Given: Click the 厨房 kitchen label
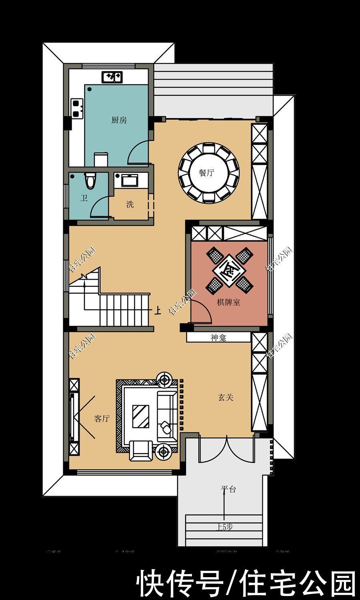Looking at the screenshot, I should pyautogui.click(x=119, y=120).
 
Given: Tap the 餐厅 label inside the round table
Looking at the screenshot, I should pyautogui.click(x=206, y=173).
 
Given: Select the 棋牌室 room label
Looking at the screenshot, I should pyautogui.click(x=228, y=302).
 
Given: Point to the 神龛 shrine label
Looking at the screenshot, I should pyautogui.click(x=218, y=338).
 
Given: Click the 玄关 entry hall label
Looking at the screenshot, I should pyautogui.click(x=226, y=397).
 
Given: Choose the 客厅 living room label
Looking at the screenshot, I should pyautogui.click(x=102, y=419).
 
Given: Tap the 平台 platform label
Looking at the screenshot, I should pyautogui.click(x=228, y=489).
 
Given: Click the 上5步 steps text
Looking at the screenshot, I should pyautogui.click(x=224, y=527).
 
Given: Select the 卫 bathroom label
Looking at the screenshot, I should pyautogui.click(x=84, y=198).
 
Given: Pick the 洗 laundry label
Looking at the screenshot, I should pyautogui.click(x=130, y=204).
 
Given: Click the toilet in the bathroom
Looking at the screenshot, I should pyautogui.click(x=91, y=180).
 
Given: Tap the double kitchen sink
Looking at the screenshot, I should pyautogui.click(x=113, y=76).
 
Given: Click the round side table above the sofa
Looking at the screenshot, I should pyautogui.click(x=164, y=378).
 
